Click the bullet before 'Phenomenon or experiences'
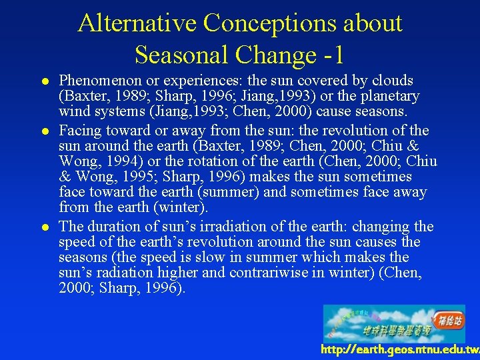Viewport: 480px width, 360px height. click(43, 81)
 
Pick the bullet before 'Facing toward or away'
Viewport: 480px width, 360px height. click(43, 131)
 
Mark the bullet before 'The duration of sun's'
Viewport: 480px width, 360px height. click(43, 227)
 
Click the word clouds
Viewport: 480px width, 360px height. click(391, 81)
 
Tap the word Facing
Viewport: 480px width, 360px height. click(80, 130)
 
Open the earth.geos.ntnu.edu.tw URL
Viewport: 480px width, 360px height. click(399, 350)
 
